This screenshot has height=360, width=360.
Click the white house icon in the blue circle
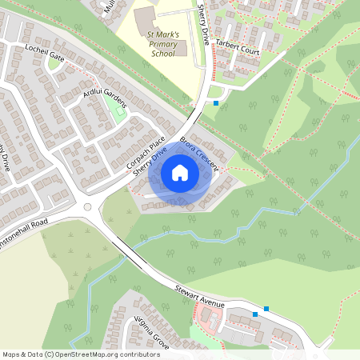tap(180, 172)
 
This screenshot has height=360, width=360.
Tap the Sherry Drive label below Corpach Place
tap(150, 164)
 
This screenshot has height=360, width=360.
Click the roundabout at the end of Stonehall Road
tap(87, 207)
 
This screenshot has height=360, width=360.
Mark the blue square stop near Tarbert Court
tap(216, 102)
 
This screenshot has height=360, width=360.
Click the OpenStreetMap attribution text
tap(80, 354)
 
